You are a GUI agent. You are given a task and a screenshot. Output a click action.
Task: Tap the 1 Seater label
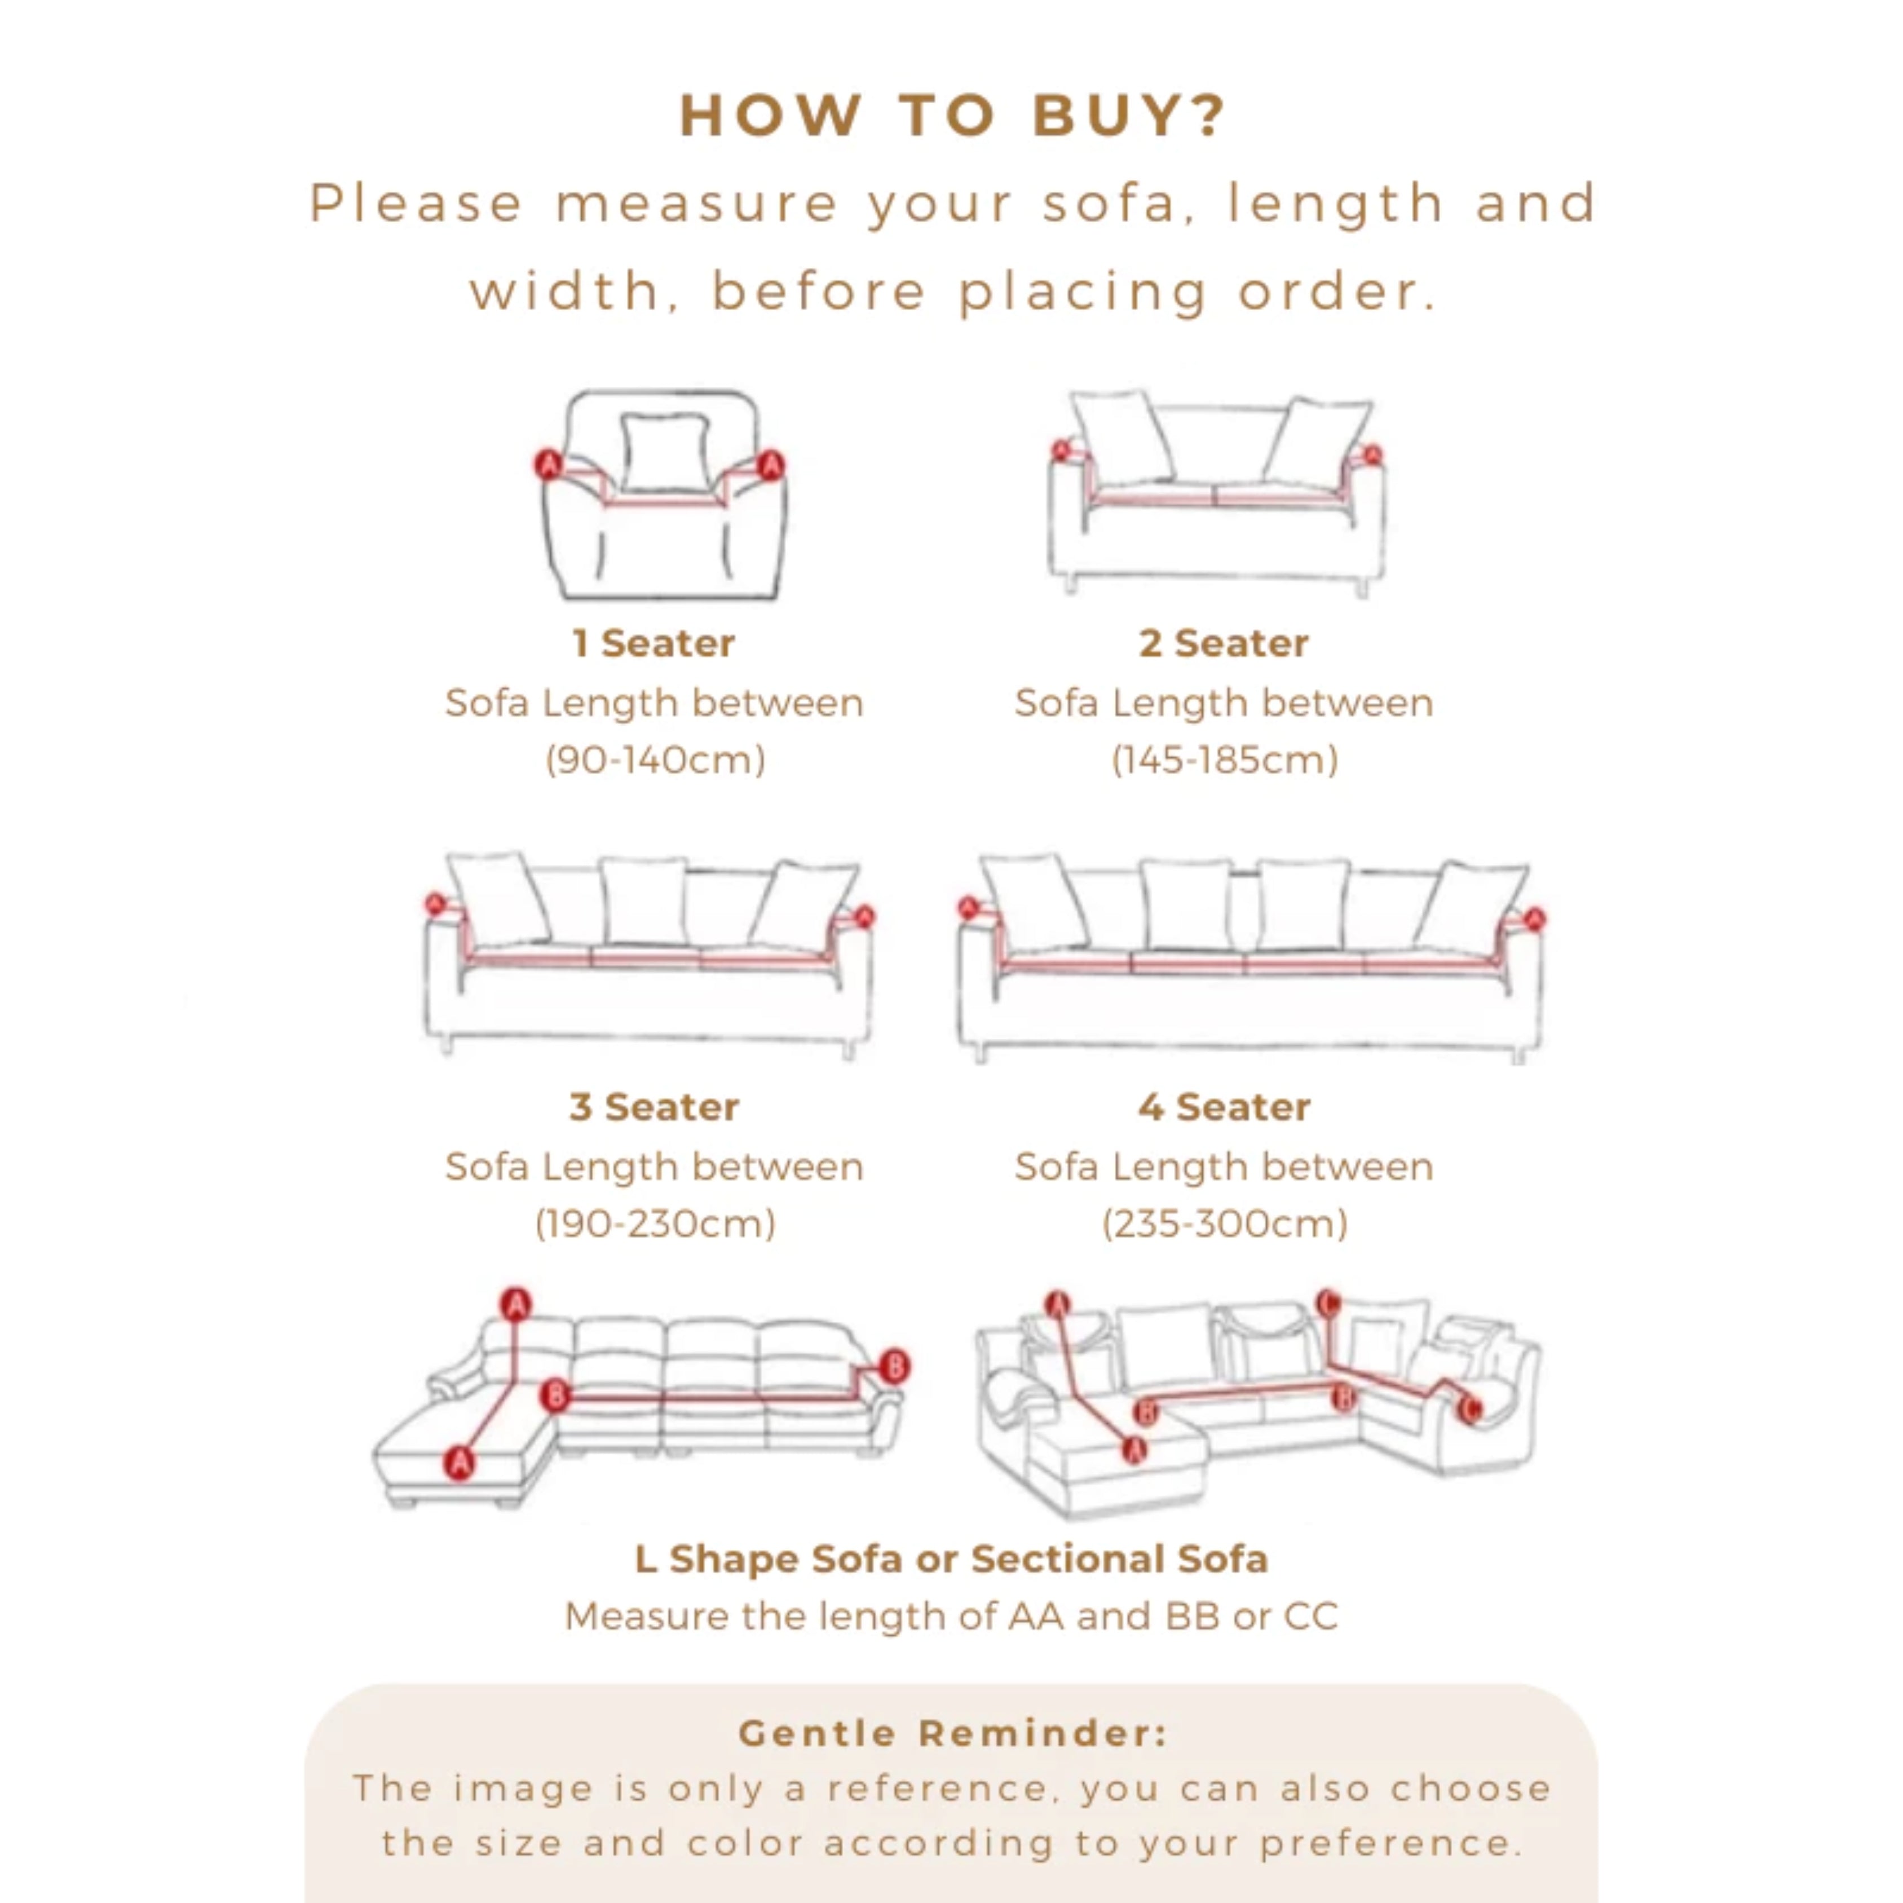pos(654,643)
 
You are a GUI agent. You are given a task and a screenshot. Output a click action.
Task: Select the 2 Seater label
pos(1224,643)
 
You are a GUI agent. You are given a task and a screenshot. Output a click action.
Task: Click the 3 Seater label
pos(654,1107)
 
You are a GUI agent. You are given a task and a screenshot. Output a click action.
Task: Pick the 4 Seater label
pos(1224,1107)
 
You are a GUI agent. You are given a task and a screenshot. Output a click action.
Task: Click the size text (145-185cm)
pos(1224,760)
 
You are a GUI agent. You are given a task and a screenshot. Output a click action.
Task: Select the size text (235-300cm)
pos(1224,1224)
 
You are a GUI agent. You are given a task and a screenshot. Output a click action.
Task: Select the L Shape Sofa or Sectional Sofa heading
pos(952,1559)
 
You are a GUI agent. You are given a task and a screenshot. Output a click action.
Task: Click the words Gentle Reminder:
pos(952,1734)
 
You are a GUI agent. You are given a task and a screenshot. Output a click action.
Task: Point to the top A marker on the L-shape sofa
pos(515,1305)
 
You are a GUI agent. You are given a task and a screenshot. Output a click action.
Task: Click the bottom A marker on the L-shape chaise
pos(459,1463)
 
